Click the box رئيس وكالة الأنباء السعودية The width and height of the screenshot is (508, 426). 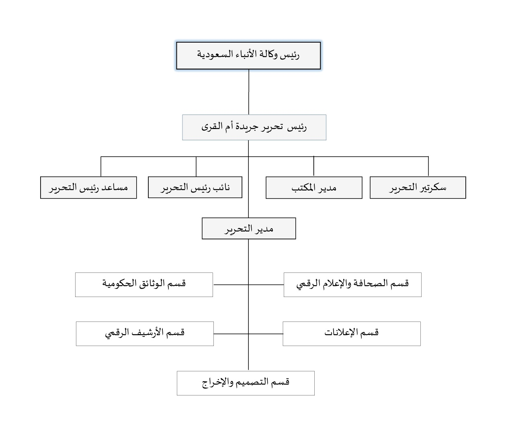248,55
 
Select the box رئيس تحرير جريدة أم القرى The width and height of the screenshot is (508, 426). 254,127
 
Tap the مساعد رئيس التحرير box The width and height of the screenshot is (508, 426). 88,188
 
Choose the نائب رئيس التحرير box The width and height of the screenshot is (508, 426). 195,187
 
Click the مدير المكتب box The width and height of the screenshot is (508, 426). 314,188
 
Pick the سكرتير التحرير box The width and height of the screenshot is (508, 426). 418,188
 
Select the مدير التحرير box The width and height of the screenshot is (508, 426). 249,228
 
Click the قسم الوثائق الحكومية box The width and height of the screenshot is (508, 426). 144,285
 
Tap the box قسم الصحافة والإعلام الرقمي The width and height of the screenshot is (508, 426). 352,285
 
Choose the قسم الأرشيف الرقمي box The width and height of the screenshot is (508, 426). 145,334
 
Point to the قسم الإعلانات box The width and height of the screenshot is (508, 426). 352,334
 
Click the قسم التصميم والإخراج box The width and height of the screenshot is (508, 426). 246,383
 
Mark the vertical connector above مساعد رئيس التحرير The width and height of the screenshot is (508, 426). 101,166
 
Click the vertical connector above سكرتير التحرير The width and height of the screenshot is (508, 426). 428,166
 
